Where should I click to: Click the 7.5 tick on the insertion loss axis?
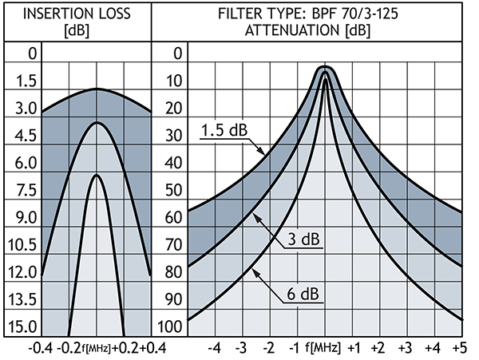(x=21, y=191)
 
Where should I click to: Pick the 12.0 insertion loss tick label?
(x=21, y=272)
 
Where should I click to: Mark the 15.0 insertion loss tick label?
(x=21, y=326)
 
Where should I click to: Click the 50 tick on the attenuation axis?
(x=169, y=191)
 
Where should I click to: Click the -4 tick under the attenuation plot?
(x=214, y=348)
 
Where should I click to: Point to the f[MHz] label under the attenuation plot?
(x=326, y=348)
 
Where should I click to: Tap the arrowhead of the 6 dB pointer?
(x=255, y=272)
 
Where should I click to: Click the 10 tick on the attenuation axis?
(x=169, y=81)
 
